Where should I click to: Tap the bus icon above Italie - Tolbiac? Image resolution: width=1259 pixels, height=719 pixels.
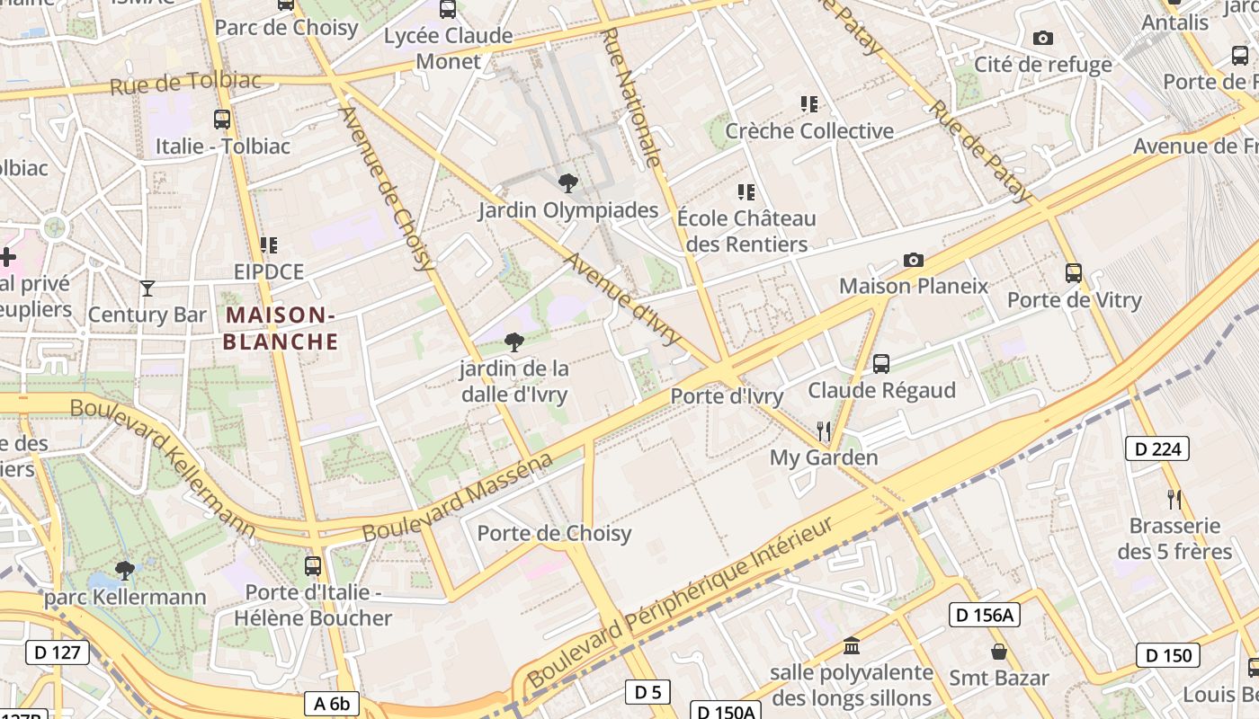click(x=221, y=119)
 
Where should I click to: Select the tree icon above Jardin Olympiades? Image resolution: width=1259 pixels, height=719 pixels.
click(x=567, y=183)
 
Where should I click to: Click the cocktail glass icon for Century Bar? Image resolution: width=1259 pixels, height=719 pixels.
click(x=147, y=288)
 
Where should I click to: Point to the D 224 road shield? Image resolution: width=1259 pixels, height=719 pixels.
click(x=1156, y=448)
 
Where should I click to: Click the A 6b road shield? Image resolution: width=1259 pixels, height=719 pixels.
click(x=332, y=703)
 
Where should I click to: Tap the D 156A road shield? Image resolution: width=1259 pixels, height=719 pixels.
click(x=984, y=615)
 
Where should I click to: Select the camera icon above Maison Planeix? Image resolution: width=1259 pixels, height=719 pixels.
click(x=913, y=260)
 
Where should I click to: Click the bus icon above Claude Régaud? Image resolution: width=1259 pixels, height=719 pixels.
click(x=881, y=364)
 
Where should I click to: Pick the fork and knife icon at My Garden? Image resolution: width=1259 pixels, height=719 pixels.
click(x=823, y=431)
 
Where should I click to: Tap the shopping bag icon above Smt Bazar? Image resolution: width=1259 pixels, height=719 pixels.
click(x=998, y=651)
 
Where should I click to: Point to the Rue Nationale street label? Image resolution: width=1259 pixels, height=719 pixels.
click(x=633, y=97)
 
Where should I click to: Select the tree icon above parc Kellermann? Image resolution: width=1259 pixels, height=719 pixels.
click(x=124, y=570)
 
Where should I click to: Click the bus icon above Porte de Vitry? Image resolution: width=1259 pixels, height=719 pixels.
click(x=1073, y=272)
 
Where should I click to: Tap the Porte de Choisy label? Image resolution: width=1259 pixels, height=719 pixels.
click(x=554, y=533)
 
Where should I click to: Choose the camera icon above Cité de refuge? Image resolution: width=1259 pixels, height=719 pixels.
click(x=1042, y=38)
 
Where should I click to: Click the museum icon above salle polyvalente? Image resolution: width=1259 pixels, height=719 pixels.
click(x=852, y=645)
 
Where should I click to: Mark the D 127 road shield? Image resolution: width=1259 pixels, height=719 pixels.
click(x=58, y=652)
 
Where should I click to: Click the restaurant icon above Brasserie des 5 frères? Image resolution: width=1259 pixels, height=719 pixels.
click(x=1174, y=499)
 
